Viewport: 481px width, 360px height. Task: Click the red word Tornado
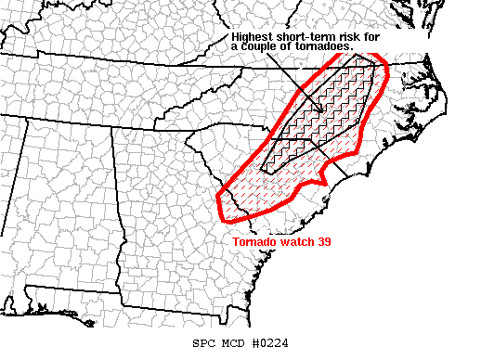(253, 241)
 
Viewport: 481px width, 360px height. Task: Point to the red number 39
(326, 241)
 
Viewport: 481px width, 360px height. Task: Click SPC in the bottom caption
(202, 342)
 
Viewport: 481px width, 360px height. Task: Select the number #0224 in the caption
(270, 342)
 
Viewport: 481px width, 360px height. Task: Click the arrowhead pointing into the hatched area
(320, 111)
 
